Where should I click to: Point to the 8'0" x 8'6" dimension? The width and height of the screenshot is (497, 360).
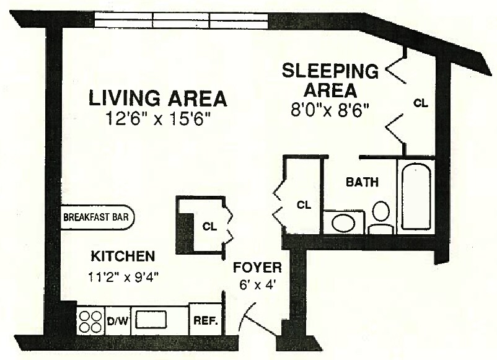pos(330,110)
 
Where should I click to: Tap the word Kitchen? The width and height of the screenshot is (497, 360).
pos(123,256)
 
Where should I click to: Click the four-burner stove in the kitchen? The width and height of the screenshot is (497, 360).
pos(90,321)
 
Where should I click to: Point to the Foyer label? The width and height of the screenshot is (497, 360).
pos(257,268)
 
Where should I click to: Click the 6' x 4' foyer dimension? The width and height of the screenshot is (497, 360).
pos(257,286)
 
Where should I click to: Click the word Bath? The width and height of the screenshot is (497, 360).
pos(361,183)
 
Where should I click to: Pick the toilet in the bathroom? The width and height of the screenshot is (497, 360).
pos(380,216)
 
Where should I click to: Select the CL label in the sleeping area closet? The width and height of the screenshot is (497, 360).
pos(421,103)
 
